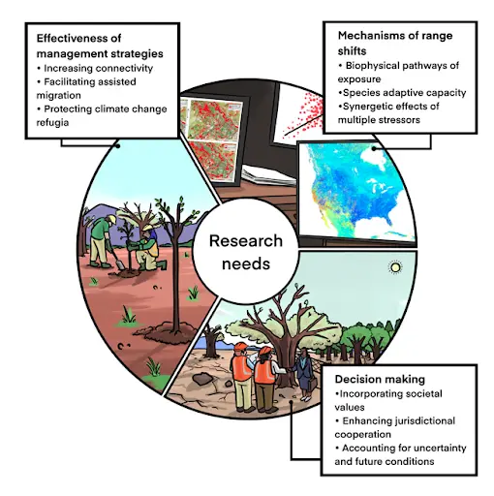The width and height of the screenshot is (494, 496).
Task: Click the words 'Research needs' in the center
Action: pos(246,252)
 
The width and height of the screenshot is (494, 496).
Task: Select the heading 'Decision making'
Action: pos(380,379)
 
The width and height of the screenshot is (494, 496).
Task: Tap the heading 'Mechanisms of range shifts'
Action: pos(395,44)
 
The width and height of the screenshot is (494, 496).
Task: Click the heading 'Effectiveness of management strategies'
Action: pos(100,46)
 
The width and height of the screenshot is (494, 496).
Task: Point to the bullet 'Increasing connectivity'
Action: pos(95,69)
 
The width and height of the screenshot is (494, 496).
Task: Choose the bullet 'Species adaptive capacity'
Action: pos(402,93)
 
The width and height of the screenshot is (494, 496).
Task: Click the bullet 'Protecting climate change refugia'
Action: pos(102,115)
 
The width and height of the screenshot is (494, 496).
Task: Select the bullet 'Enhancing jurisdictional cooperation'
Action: pos(395,427)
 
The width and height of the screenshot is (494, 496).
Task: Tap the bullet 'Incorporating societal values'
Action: pos(388,400)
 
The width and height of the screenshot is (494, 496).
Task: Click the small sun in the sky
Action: pos(395,267)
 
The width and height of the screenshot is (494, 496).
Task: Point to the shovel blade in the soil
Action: pos(120,264)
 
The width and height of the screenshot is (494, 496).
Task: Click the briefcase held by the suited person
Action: pos(313,385)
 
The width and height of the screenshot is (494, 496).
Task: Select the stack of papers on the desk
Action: pos(268,175)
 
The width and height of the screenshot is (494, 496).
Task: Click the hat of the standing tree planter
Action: pos(112,219)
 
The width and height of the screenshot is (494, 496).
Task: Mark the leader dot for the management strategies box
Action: pos(118,146)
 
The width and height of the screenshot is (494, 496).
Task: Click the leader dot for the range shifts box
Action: pos(374,148)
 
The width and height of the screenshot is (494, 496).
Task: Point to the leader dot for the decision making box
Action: pos(292,402)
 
